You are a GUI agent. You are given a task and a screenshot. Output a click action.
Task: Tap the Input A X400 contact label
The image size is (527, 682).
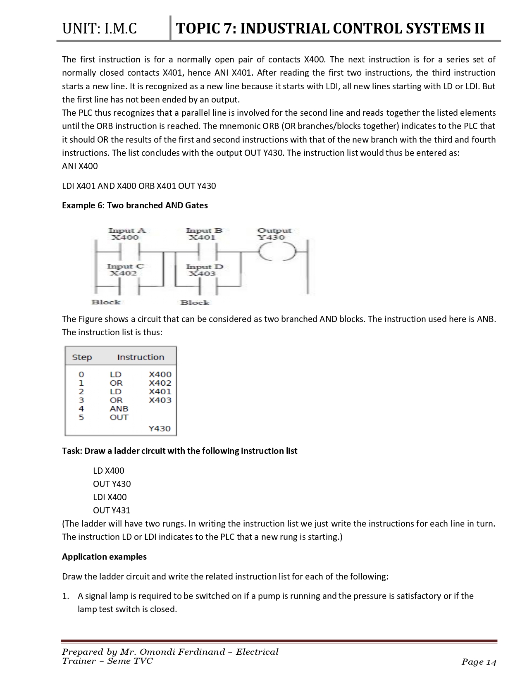(x=126, y=234)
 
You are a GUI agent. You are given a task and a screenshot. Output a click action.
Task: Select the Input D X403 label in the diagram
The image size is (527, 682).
(x=204, y=270)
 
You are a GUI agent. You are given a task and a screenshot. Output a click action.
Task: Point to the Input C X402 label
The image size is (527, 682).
(x=125, y=270)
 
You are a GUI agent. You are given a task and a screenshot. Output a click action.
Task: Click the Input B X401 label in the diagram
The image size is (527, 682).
(x=204, y=234)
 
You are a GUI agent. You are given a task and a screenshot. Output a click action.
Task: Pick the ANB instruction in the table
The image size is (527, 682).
(x=119, y=408)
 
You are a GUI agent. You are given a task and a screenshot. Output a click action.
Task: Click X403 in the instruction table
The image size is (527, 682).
(x=160, y=400)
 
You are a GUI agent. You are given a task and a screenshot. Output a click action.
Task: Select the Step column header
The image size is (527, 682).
(x=82, y=357)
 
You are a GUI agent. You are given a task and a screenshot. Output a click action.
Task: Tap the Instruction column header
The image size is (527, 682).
(x=141, y=357)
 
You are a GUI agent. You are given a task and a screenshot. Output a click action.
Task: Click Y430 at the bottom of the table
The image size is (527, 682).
(x=160, y=428)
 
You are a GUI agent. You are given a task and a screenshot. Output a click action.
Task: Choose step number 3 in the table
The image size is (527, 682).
(x=81, y=400)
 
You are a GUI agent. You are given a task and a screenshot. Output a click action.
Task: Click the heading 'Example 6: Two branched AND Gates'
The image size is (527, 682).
(x=135, y=205)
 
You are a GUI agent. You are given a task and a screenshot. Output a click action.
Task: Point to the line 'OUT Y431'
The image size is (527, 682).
(x=112, y=510)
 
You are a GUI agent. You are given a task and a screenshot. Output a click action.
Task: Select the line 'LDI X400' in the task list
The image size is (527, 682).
(x=110, y=497)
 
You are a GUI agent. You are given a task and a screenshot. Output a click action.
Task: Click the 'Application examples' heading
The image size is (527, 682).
(x=104, y=557)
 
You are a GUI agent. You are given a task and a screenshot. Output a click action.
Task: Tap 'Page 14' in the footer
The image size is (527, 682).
(x=479, y=662)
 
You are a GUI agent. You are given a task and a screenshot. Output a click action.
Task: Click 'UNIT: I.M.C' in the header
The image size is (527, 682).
(x=99, y=29)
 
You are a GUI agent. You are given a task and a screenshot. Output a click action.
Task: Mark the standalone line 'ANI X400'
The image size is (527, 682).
(x=80, y=166)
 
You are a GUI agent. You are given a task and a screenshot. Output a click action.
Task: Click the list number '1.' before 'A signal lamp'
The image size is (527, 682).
(x=65, y=596)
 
